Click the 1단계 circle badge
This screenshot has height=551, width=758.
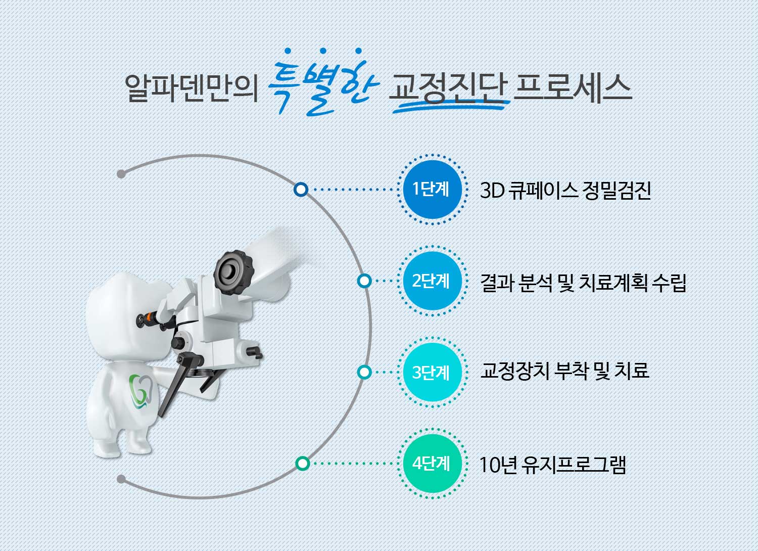click(433, 190)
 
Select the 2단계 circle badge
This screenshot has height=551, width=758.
click(433, 281)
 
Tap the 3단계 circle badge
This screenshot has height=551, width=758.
click(433, 372)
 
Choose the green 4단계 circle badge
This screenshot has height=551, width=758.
click(433, 464)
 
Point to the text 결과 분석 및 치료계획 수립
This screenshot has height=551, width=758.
click(583, 283)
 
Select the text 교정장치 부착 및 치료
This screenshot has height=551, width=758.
click(564, 371)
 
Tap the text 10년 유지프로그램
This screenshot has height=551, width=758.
click(553, 465)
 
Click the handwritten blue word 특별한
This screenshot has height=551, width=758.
click(323, 83)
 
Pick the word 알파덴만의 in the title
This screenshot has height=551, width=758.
click(192, 88)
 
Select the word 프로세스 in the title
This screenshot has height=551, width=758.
click(573, 88)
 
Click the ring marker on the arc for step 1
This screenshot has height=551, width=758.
click(301, 190)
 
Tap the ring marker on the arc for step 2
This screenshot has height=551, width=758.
click(364, 281)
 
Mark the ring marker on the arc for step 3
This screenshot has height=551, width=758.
click(364, 372)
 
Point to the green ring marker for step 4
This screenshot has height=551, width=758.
click(303, 464)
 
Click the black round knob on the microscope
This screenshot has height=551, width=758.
click(233, 272)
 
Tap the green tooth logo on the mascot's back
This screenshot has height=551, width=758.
click(141, 391)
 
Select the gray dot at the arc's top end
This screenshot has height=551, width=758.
click(121, 174)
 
